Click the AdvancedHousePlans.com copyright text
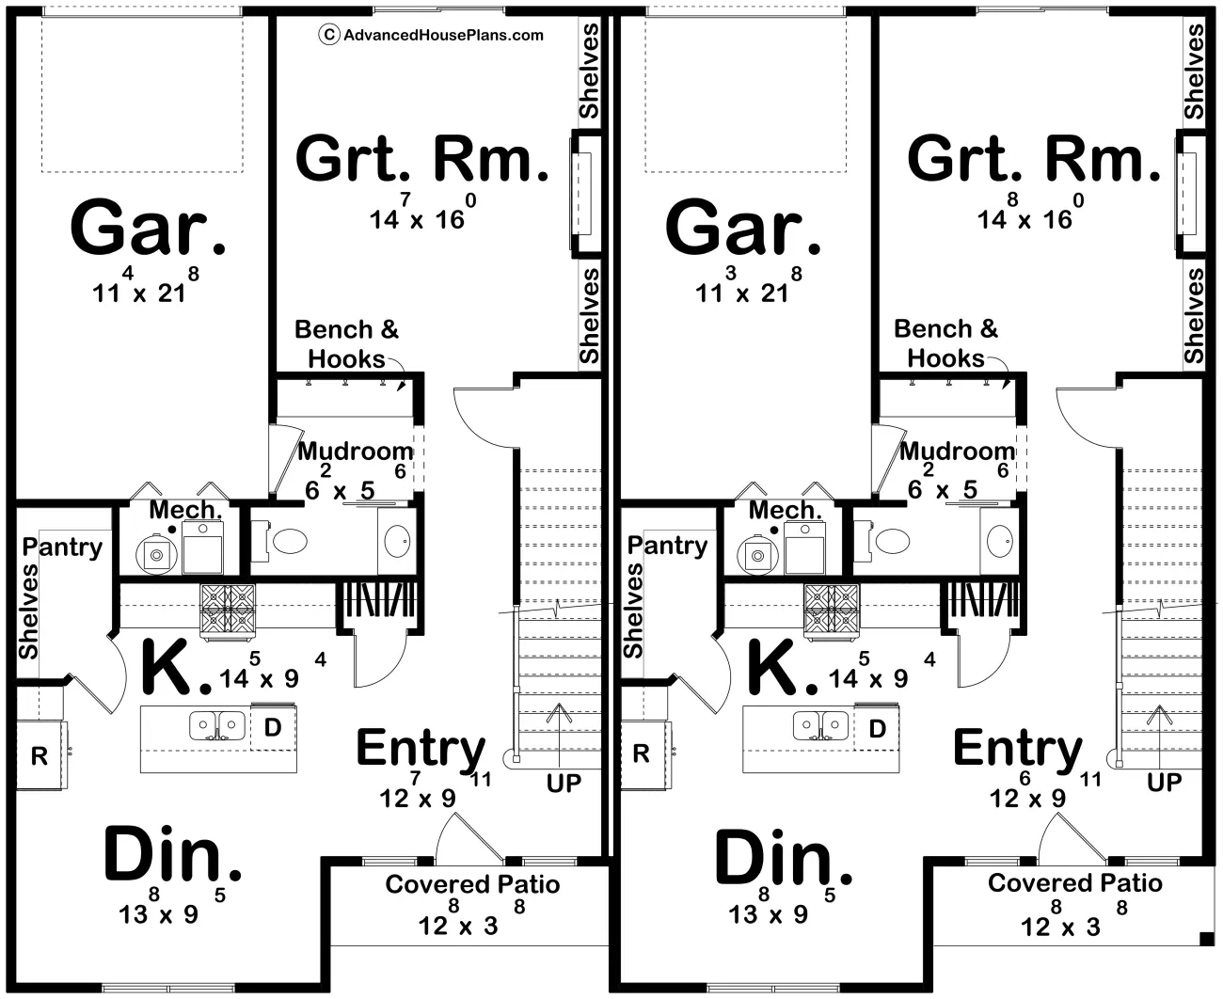point(431,35)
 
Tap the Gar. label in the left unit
point(148,228)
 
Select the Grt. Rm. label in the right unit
point(1034,158)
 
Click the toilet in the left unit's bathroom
point(284,542)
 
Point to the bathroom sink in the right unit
point(1000,541)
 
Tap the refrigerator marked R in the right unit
point(643,755)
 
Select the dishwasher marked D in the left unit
point(273,727)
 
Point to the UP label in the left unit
point(564,784)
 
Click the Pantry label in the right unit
point(667,547)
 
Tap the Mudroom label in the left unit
point(356,452)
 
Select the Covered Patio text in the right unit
point(1075,883)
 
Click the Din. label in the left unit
point(172,855)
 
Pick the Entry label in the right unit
point(1018,749)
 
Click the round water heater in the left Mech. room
point(156,555)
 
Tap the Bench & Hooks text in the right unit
point(945,343)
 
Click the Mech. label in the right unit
point(786,510)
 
